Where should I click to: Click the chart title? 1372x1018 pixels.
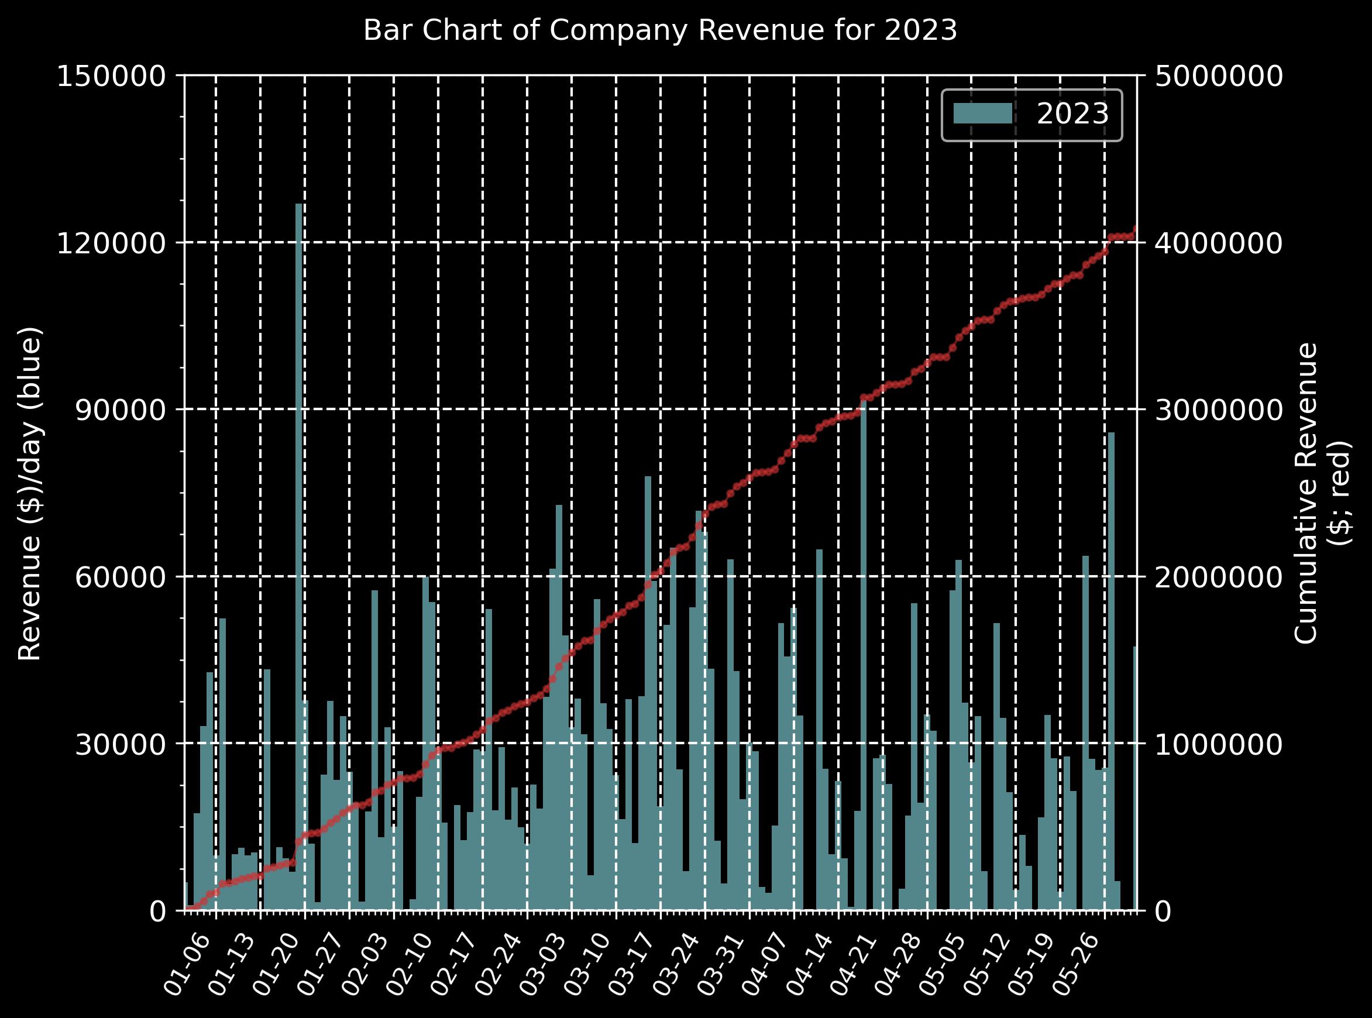coord(660,31)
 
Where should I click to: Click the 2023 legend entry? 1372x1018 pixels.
coord(1072,114)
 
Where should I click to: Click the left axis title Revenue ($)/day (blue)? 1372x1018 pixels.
coord(30,493)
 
